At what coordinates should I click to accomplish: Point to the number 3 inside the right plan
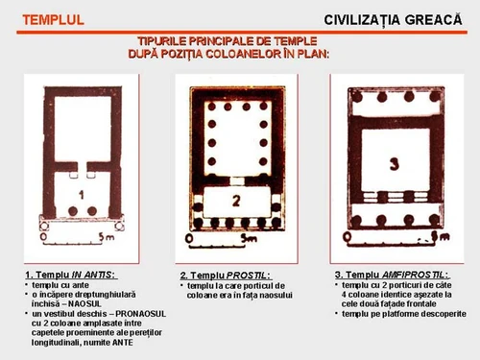pyautogui.click(x=392, y=160)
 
